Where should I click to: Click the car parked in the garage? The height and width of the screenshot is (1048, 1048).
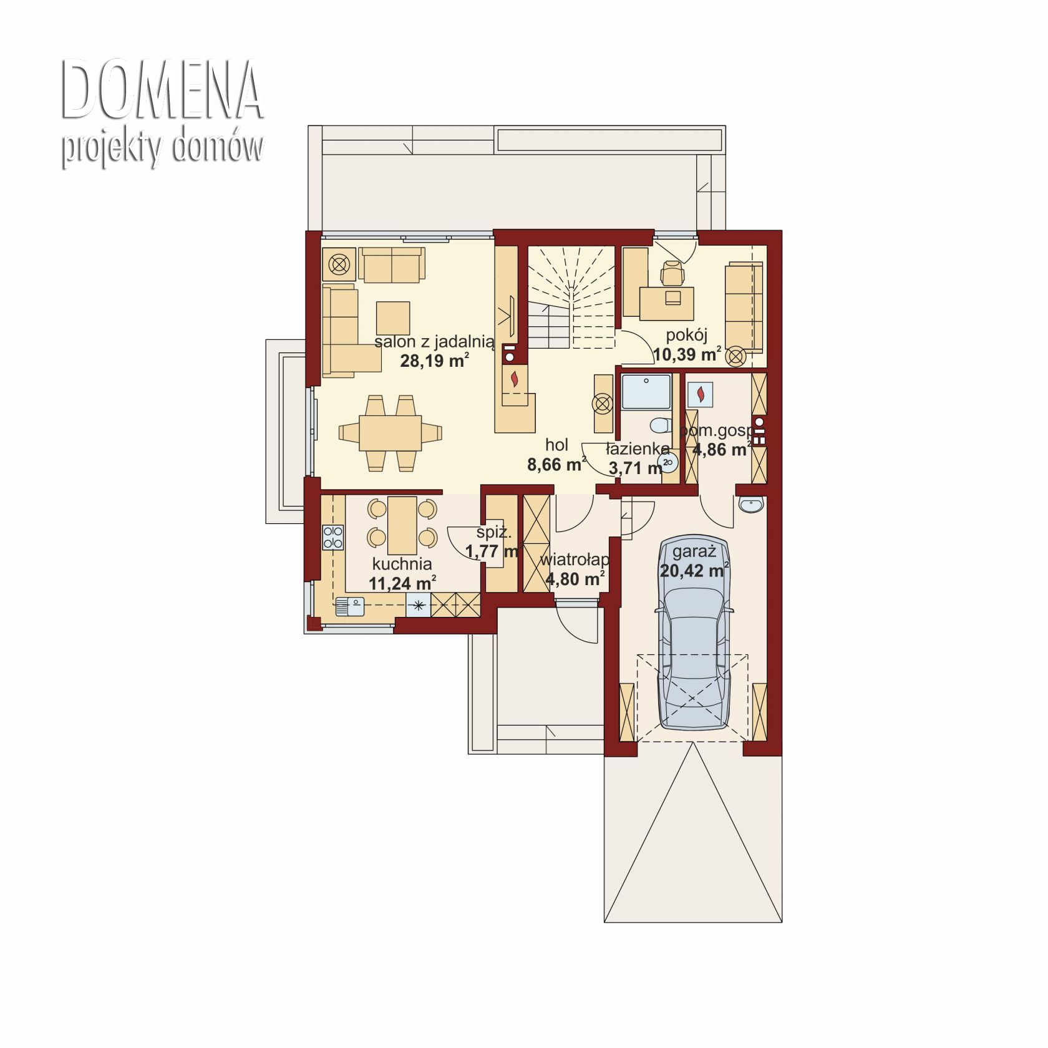(x=693, y=633)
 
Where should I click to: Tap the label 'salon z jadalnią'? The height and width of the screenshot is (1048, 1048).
(x=434, y=341)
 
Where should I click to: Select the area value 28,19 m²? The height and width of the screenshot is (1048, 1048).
(x=434, y=360)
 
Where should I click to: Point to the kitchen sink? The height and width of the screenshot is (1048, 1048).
(x=349, y=606)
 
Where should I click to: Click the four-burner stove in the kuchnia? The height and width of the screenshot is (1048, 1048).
(x=332, y=537)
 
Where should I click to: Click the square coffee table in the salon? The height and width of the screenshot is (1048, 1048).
(x=393, y=318)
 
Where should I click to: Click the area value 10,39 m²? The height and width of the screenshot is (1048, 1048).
(x=687, y=354)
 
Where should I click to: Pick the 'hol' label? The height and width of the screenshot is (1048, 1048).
(x=556, y=445)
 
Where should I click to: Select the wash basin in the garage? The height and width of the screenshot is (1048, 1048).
(x=750, y=505)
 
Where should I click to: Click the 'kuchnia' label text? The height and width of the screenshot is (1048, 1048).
(x=402, y=564)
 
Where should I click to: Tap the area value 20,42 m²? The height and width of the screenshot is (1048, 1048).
(x=694, y=570)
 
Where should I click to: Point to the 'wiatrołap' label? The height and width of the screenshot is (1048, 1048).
(x=575, y=560)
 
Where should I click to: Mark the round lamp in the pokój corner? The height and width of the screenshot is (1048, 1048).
(x=737, y=356)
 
